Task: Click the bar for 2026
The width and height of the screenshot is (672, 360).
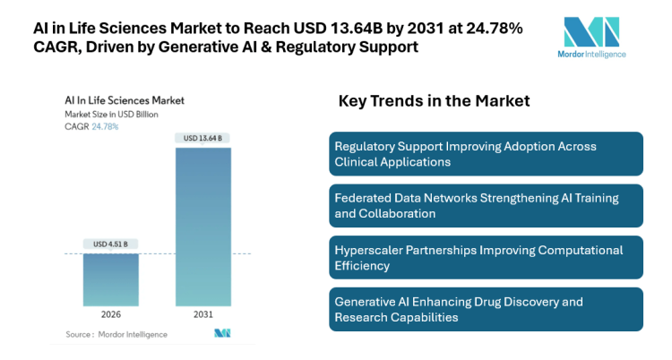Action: [x=110, y=280]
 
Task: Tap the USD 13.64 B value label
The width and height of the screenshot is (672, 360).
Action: [x=202, y=138]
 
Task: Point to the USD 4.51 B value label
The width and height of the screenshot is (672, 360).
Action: [x=110, y=244]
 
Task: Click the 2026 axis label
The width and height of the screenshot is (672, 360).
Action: [x=110, y=315]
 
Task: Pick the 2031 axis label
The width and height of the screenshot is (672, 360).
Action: [x=202, y=315]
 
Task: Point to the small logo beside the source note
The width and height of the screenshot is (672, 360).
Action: [x=221, y=333]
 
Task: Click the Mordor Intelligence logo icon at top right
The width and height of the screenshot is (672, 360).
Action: [x=590, y=32]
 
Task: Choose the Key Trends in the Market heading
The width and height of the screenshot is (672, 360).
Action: [x=434, y=101]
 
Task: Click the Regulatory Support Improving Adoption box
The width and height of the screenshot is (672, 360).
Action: [x=486, y=154]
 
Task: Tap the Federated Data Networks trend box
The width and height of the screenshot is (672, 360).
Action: [x=486, y=206]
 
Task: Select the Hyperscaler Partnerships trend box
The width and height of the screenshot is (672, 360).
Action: [x=486, y=258]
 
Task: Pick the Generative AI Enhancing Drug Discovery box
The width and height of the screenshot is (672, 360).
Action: [x=486, y=310]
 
